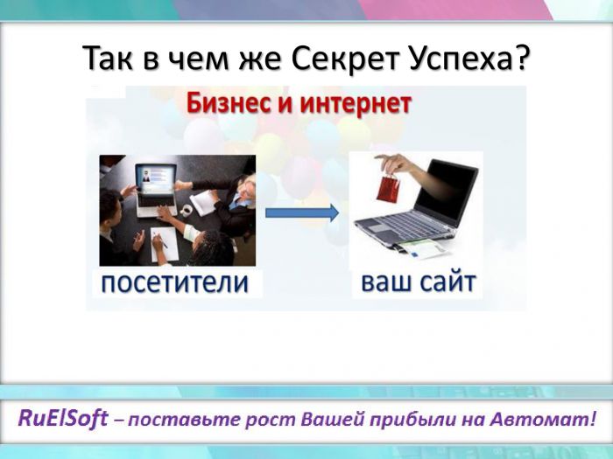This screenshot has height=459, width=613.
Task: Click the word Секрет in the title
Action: (345, 59)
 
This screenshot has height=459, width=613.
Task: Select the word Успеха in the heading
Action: (460, 59)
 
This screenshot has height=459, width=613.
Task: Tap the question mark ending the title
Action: (520, 57)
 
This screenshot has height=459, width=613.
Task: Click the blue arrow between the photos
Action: (302, 212)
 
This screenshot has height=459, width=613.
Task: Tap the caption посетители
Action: (175, 282)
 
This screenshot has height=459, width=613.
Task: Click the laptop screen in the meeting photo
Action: (155, 178)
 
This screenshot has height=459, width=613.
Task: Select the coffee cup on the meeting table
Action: (187, 210)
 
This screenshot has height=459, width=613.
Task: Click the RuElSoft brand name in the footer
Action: (63, 419)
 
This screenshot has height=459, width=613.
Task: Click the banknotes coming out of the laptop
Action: (422, 248)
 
